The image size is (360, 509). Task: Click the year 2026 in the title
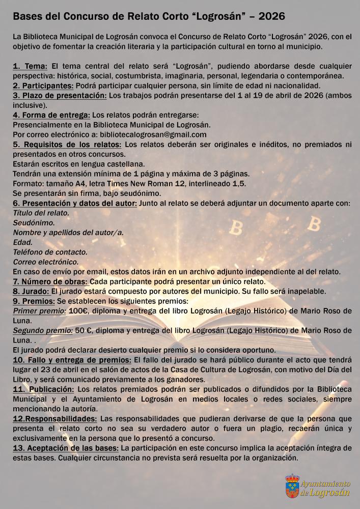[x=269, y=17]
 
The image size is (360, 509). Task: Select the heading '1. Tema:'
[x=30, y=66]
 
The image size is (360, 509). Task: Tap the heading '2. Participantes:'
[x=43, y=85]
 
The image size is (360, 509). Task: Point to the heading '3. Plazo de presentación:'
[x=60, y=95]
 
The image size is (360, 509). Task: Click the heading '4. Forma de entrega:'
[x=51, y=115]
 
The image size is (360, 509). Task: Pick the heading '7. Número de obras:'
[x=50, y=281]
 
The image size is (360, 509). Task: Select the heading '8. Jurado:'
[x=31, y=291]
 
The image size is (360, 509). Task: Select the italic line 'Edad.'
[x=22, y=242]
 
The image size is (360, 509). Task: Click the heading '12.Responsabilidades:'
[x=55, y=418]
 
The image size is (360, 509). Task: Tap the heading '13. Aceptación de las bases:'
[x=66, y=448]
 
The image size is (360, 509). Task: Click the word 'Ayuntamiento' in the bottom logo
[x=325, y=483]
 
